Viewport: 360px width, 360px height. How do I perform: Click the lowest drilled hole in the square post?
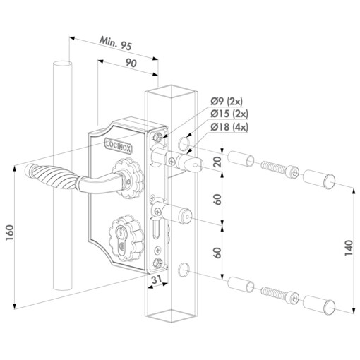[x=184, y=269]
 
